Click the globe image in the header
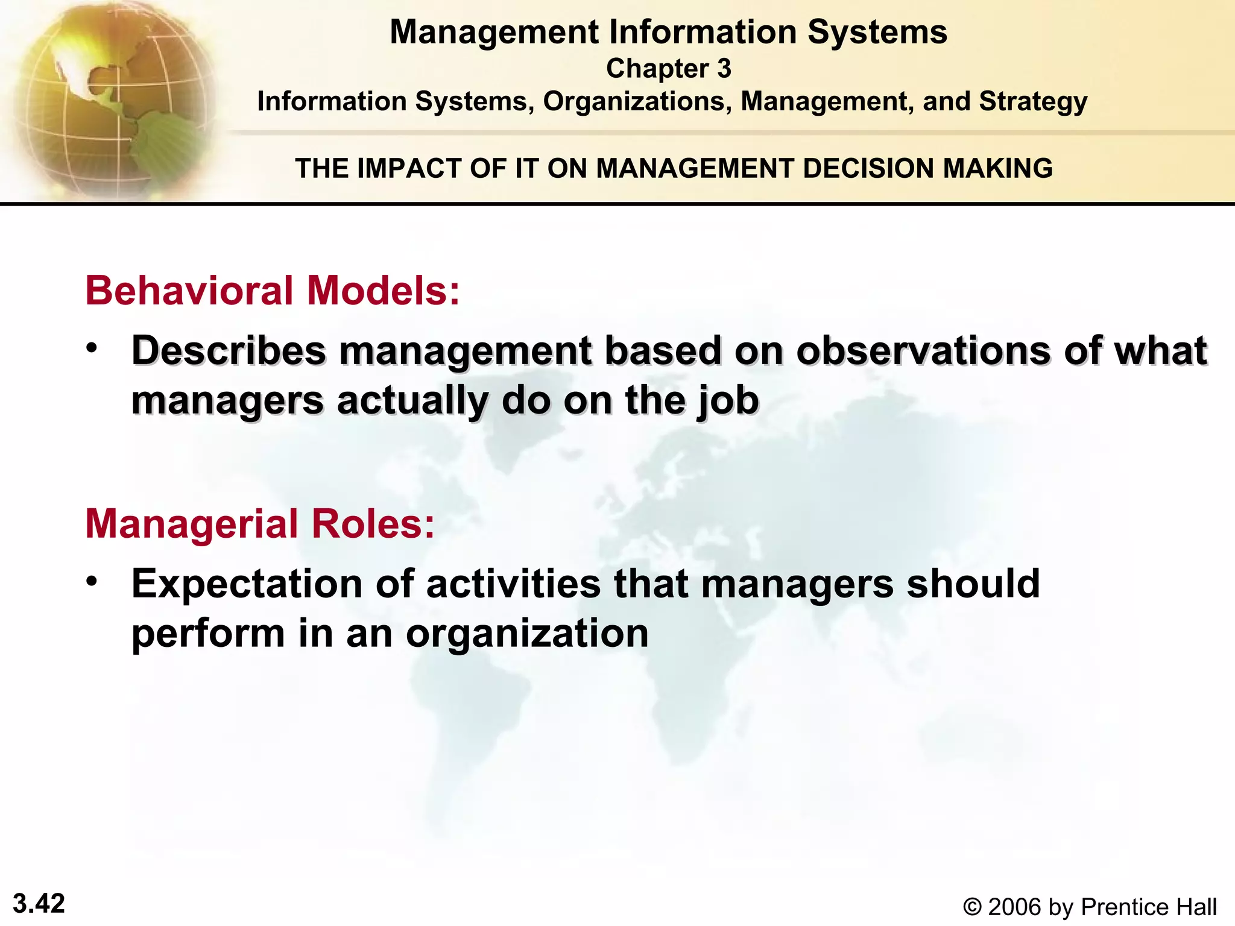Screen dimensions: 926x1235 pos(109,96)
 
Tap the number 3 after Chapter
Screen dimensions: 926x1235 pos(724,69)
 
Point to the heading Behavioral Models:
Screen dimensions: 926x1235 pos(273,291)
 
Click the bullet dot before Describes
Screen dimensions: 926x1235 pos(91,348)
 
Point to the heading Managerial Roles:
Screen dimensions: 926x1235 pos(260,523)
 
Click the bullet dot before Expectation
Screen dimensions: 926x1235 pos(91,582)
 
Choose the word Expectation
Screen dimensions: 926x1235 pos(247,584)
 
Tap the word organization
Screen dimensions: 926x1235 pos(527,634)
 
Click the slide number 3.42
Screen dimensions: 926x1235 pos(39,904)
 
